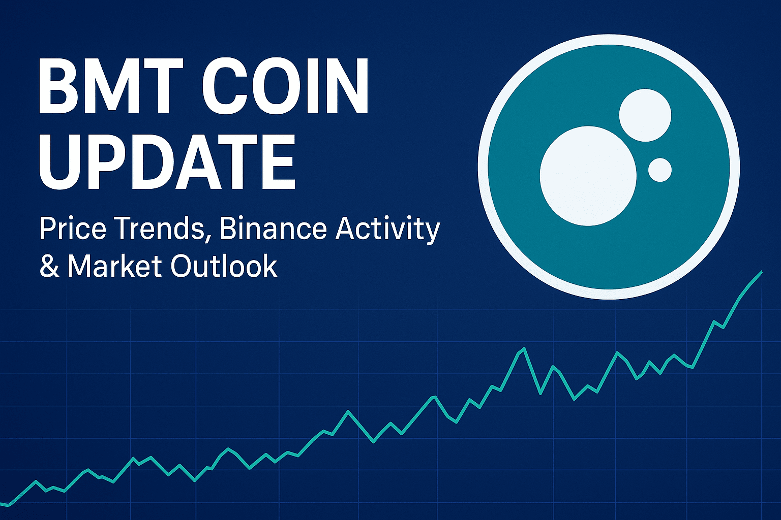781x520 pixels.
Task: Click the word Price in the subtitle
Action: [x=73, y=229]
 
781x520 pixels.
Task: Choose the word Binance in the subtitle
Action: [x=274, y=229]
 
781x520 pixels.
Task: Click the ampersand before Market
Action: [x=49, y=266]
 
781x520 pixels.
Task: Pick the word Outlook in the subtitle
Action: [x=224, y=266]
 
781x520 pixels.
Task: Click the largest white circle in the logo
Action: [x=588, y=176]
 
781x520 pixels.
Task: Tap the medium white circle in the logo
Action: [x=645, y=115]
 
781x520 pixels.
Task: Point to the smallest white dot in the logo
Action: [x=660, y=170]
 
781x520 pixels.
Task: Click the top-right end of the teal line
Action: [x=762, y=272]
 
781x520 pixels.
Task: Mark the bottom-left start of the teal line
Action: [x=1, y=504]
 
